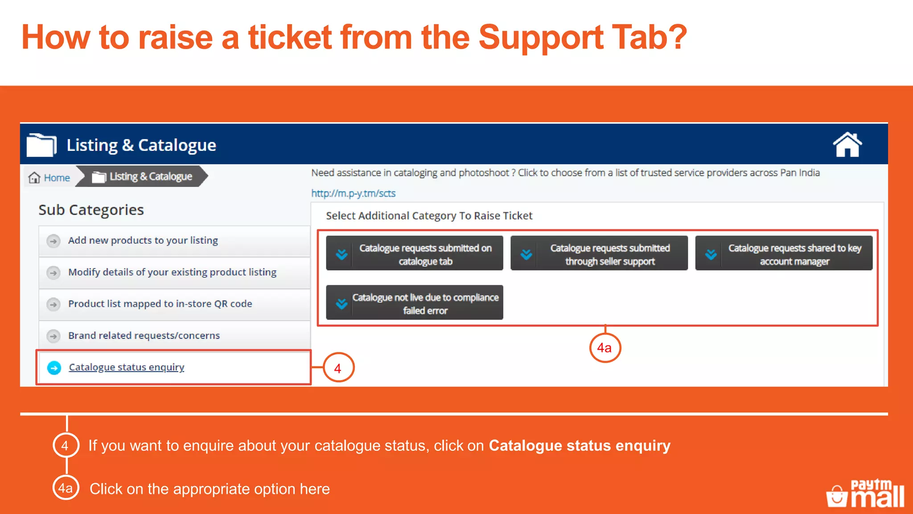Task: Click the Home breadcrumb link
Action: coord(50,178)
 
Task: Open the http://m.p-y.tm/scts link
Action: coord(353,193)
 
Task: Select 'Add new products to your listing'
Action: coord(143,240)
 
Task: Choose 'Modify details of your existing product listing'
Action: coord(172,272)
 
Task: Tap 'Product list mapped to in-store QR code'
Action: coord(160,304)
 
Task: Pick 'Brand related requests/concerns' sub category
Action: coord(144,336)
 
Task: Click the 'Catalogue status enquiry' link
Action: coord(126,367)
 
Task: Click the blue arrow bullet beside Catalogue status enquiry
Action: coord(54,368)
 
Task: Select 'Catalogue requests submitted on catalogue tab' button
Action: coord(414,253)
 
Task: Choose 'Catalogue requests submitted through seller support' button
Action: coord(599,253)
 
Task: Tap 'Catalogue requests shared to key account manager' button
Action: coord(783,253)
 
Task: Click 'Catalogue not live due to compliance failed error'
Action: coord(414,303)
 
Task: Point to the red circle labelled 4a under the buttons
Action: coord(605,348)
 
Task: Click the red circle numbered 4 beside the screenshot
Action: coord(338,368)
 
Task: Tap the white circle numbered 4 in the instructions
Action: coord(66,445)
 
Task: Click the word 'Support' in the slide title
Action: coord(540,37)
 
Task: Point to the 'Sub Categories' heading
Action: coord(91,210)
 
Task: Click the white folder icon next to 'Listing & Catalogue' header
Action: coord(41,145)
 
